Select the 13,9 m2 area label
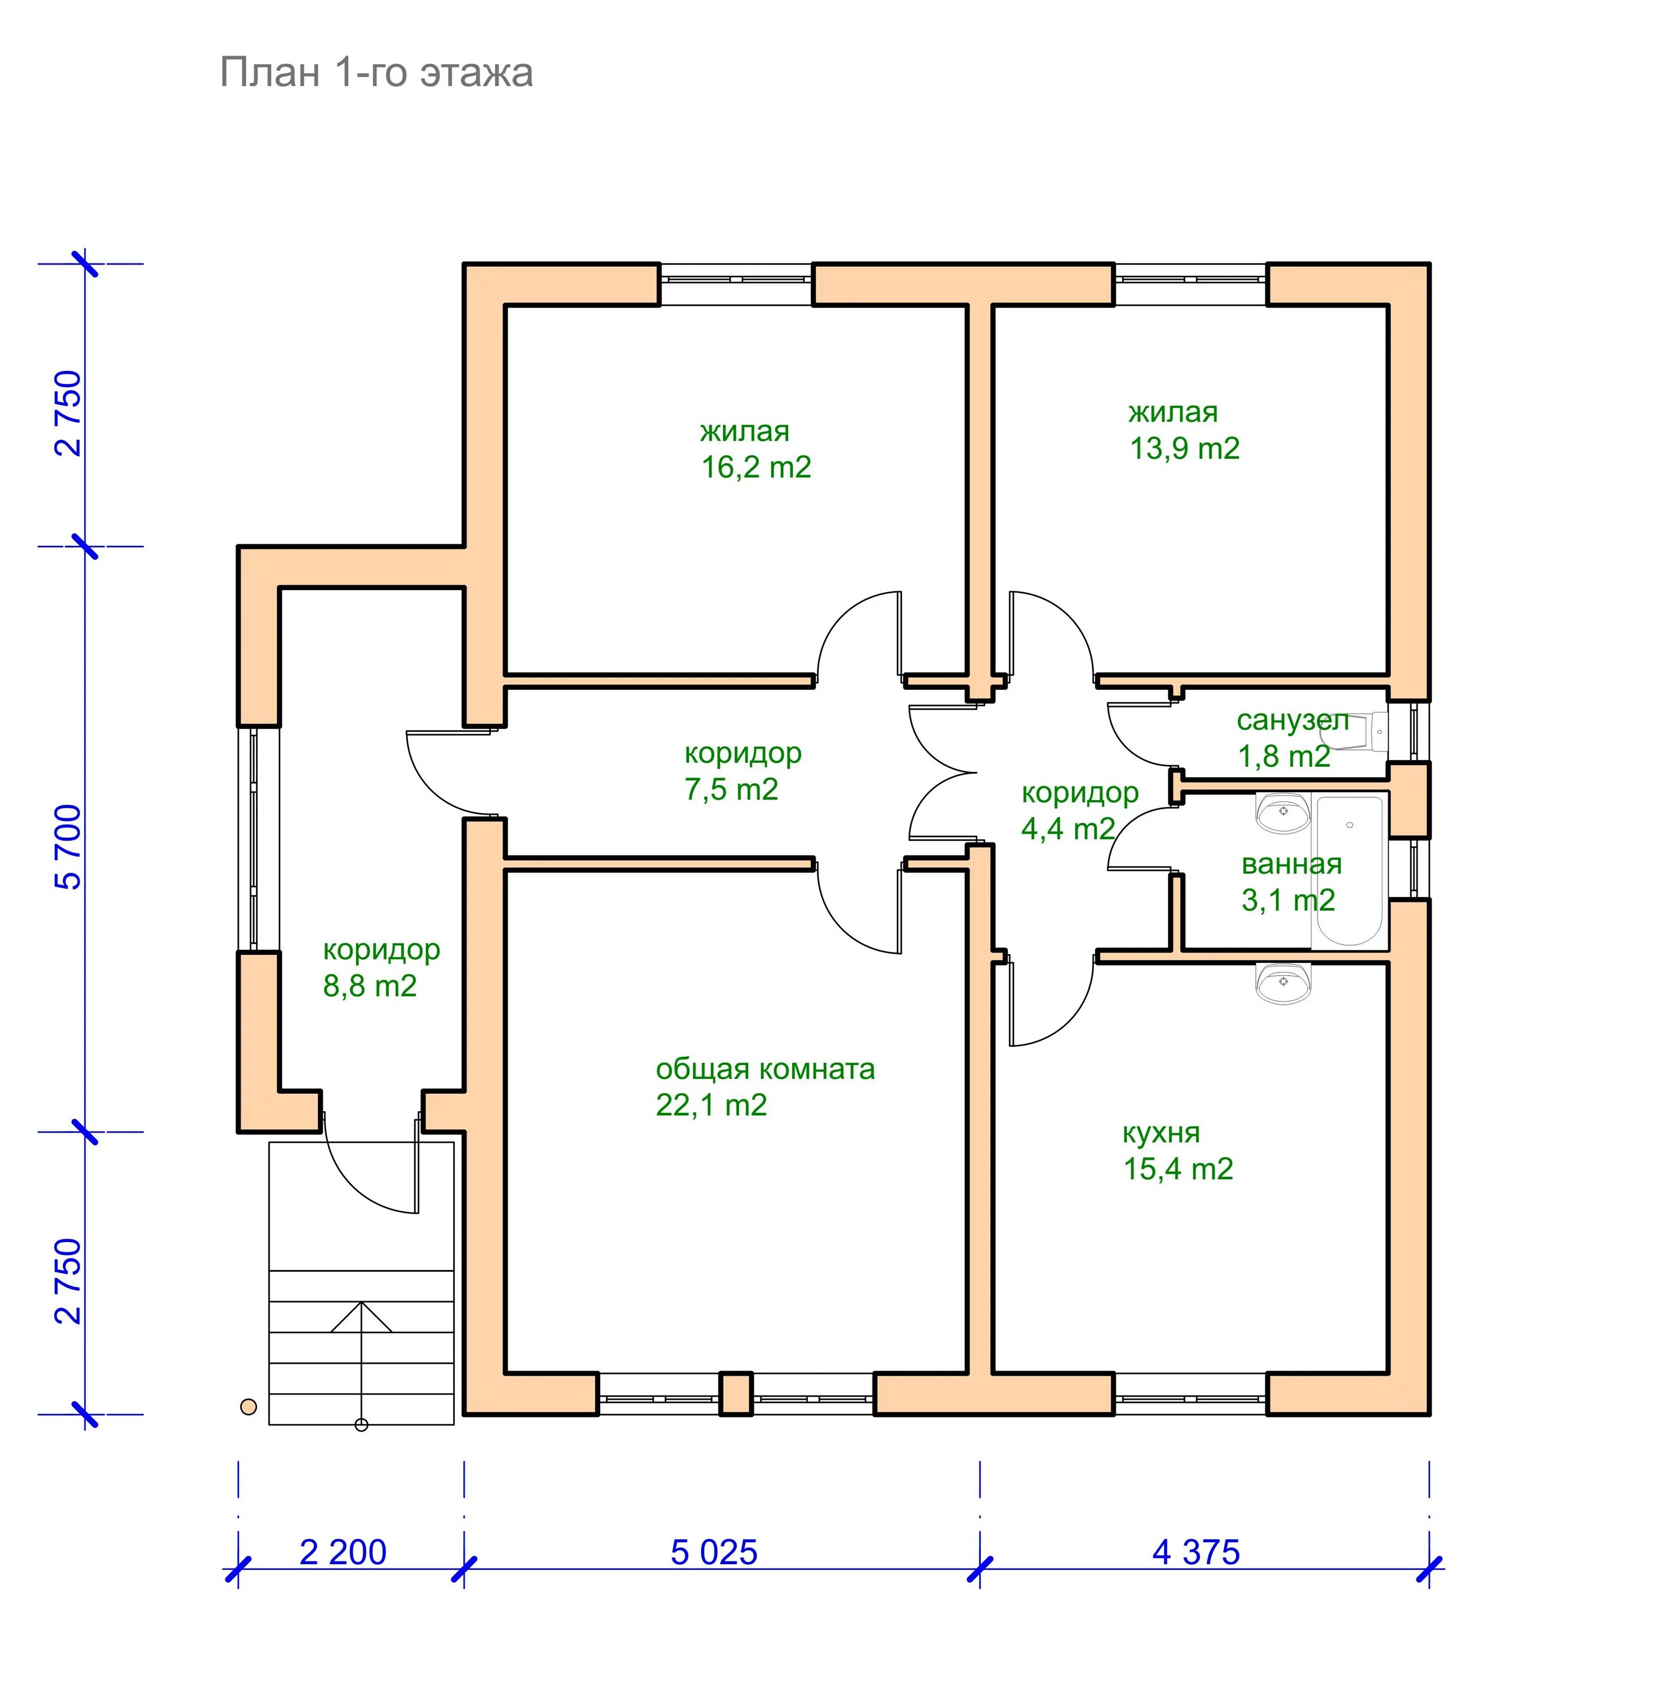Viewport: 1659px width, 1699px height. click(x=1184, y=448)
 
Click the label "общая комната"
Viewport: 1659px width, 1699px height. click(x=764, y=1069)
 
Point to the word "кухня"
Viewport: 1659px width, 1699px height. click(x=1161, y=1132)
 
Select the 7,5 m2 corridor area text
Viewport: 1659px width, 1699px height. click(x=730, y=789)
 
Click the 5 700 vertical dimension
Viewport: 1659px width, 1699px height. click(x=68, y=846)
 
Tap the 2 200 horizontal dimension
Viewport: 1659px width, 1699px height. click(x=343, y=1552)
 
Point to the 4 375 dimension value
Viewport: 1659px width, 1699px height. click(x=1195, y=1552)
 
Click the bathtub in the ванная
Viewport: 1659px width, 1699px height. click(x=1349, y=870)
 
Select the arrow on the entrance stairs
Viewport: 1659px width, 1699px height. click(x=361, y=1317)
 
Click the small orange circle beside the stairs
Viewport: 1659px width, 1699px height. click(x=249, y=1406)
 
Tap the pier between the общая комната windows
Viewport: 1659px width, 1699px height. click(x=736, y=1393)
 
